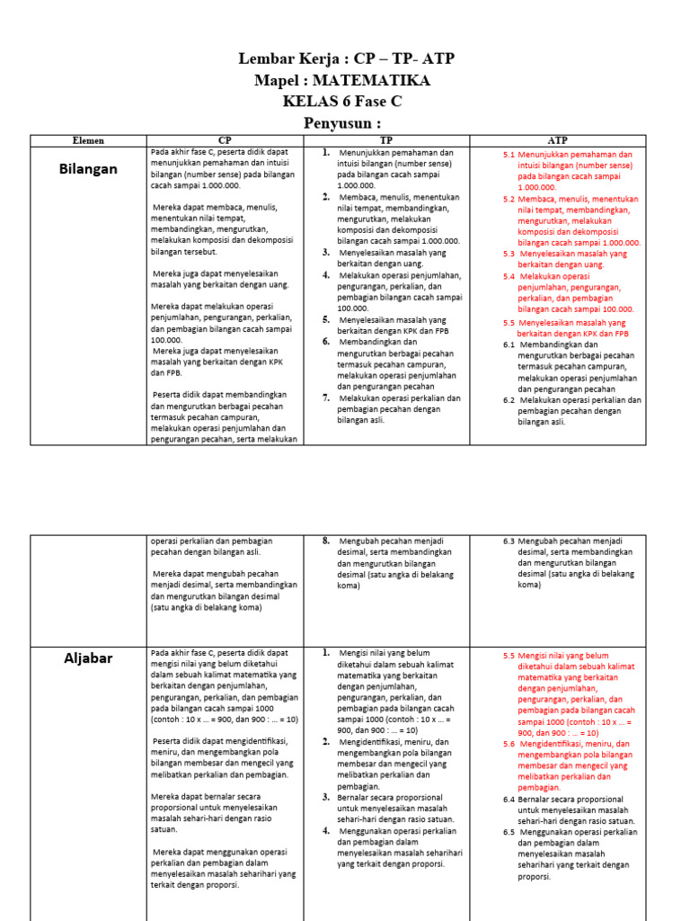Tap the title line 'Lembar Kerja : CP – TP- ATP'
[346, 59]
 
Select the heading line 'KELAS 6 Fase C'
[341, 102]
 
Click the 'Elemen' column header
[88, 141]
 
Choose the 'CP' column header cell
[225, 141]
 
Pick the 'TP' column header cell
[385, 141]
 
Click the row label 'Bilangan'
[88, 169]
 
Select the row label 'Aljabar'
[88, 658]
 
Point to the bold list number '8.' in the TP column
[326, 541]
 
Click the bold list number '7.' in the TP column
[327, 398]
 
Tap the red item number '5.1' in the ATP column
[509, 155]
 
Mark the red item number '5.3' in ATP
[509, 255]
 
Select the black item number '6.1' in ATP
[509, 344]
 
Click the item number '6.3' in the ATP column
[509, 541]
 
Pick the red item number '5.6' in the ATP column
[509, 744]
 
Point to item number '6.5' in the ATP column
[509, 832]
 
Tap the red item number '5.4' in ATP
[509, 277]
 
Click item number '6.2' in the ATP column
[509, 400]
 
